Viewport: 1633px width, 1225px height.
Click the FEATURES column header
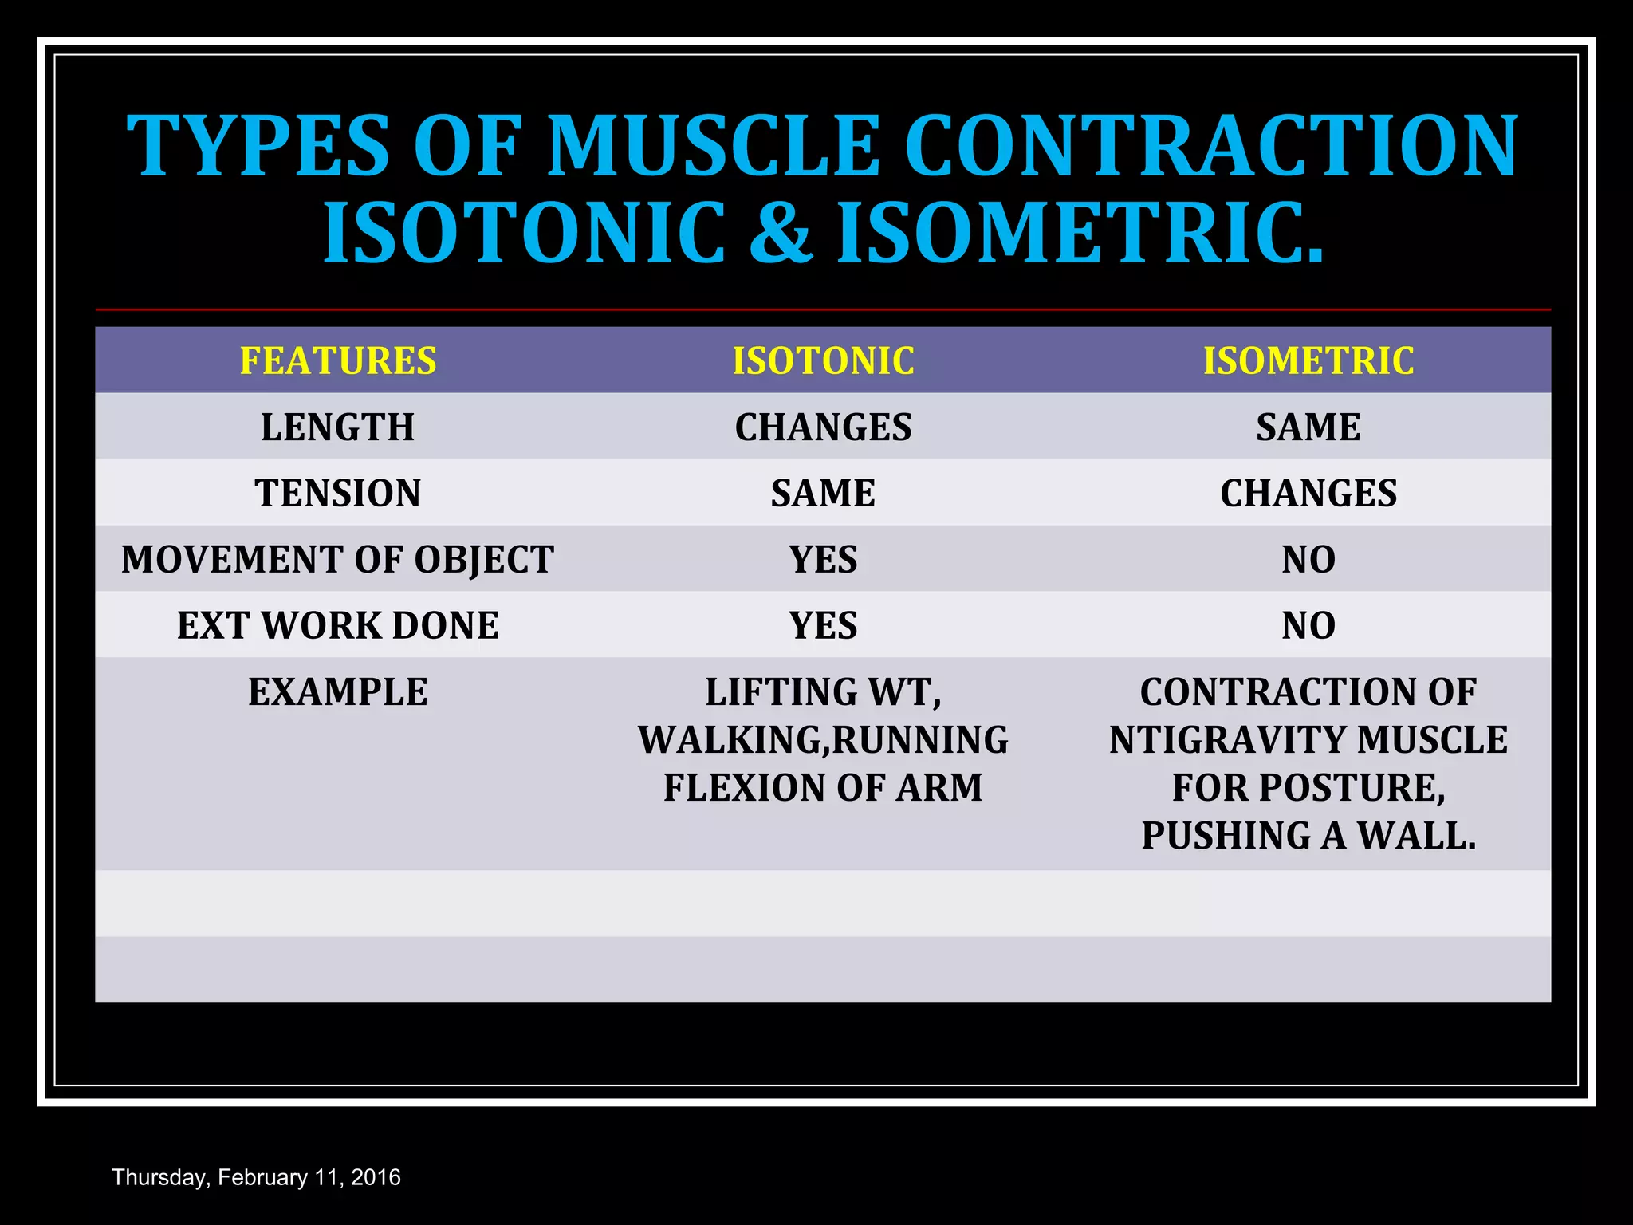coord(338,360)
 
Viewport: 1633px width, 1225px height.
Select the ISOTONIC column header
coord(823,360)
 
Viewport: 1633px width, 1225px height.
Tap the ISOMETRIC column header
coord(1308,360)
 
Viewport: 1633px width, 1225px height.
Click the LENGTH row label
coord(338,427)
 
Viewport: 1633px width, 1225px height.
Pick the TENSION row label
coord(338,494)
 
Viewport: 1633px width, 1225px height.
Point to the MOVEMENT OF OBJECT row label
coord(338,560)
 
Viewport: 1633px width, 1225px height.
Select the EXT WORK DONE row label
coord(338,626)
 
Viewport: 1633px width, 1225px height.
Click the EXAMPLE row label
coord(338,692)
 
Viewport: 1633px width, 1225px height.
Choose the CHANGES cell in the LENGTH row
coord(823,427)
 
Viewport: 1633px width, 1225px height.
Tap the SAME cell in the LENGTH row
coord(1308,427)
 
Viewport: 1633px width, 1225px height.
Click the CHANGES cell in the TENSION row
coord(1308,494)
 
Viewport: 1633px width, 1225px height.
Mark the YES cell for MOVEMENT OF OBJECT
coord(823,560)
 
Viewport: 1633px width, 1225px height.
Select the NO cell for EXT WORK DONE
coord(1308,626)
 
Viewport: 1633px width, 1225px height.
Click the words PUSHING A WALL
coord(1308,836)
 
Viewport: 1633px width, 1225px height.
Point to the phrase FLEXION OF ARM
coord(823,788)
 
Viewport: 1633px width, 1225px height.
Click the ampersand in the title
coord(781,233)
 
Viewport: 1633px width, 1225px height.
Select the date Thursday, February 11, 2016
coord(256,1177)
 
